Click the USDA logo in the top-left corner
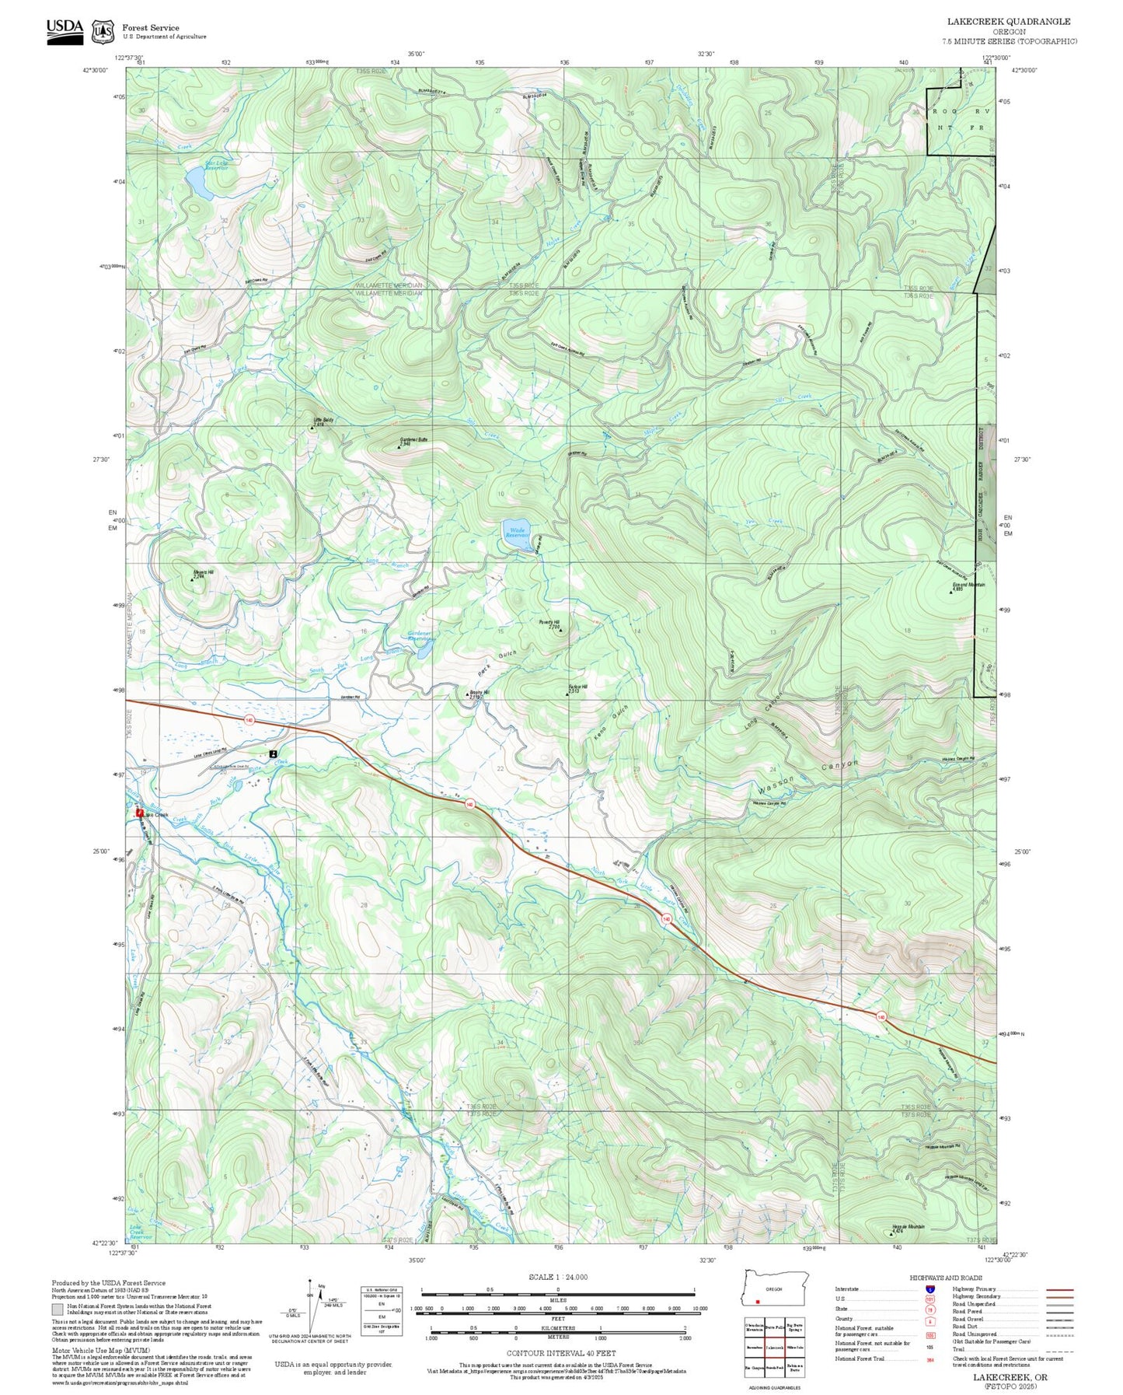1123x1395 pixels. [x=65, y=31]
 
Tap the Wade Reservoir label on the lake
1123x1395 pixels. [x=516, y=533]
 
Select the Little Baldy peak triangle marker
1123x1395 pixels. [x=312, y=427]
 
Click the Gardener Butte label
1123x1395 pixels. [x=413, y=440]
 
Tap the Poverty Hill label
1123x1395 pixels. [x=549, y=623]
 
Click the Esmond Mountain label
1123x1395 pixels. [x=968, y=585]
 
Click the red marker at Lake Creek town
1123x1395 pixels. [x=140, y=813]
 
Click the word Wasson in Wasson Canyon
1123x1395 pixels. [x=776, y=785]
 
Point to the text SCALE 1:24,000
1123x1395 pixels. [x=557, y=1277]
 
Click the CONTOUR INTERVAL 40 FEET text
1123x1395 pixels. [x=560, y=1354]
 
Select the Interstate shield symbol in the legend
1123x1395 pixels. [x=929, y=1289]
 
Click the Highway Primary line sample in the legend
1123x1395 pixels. [x=1059, y=1289]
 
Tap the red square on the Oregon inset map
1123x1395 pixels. [x=757, y=1302]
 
